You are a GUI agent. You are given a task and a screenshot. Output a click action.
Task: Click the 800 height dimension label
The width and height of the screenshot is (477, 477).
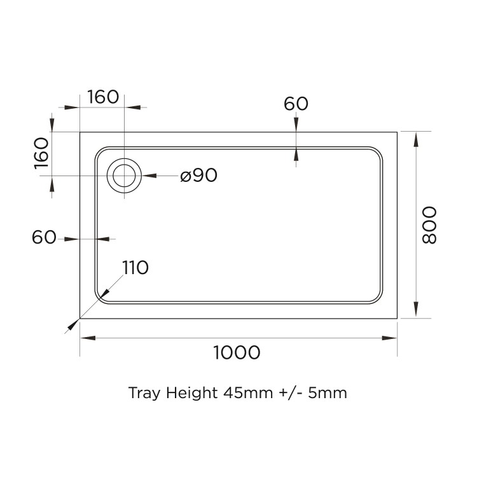429,225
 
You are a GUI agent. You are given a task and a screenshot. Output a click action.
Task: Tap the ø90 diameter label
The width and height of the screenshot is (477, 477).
198,176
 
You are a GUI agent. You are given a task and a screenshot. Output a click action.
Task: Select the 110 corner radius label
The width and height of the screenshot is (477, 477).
135,268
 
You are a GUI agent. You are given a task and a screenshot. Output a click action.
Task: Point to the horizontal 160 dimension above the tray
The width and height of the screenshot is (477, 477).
103,97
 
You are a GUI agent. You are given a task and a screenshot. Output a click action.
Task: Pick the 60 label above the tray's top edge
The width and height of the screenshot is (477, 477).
296,104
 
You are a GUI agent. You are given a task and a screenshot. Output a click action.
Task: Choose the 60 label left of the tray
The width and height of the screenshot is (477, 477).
45,238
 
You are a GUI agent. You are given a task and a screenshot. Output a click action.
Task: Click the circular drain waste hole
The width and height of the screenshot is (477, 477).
125,176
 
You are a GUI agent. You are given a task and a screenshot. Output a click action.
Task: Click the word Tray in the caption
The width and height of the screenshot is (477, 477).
143,392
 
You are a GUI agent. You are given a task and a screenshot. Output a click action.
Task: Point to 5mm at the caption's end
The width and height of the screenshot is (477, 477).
329,392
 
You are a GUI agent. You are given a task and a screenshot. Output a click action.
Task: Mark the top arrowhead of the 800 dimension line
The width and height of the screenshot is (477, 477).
416,137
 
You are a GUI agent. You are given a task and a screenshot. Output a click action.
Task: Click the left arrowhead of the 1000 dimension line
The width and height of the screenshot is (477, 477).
85,338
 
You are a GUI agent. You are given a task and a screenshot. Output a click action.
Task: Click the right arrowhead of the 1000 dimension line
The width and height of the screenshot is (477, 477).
393,338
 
